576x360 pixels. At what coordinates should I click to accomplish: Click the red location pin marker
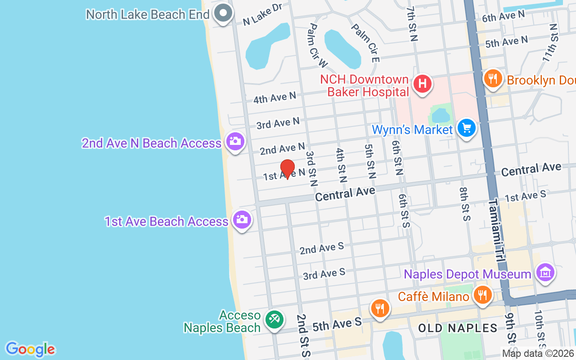287,169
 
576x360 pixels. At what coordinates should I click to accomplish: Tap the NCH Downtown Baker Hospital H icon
422,84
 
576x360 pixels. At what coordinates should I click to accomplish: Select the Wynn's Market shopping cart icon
466,128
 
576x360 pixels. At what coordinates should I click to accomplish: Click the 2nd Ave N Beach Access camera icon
234,141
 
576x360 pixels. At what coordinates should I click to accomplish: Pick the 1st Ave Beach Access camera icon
242,220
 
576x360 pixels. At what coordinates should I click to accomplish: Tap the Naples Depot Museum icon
545,272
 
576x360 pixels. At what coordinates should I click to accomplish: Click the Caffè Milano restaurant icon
482,295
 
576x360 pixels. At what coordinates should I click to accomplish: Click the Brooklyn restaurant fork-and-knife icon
493,79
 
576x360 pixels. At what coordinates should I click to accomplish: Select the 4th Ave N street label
274,97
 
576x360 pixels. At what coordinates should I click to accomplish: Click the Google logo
30,349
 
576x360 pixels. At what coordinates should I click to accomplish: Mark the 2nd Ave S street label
322,248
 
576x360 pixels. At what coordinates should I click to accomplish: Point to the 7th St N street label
412,23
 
